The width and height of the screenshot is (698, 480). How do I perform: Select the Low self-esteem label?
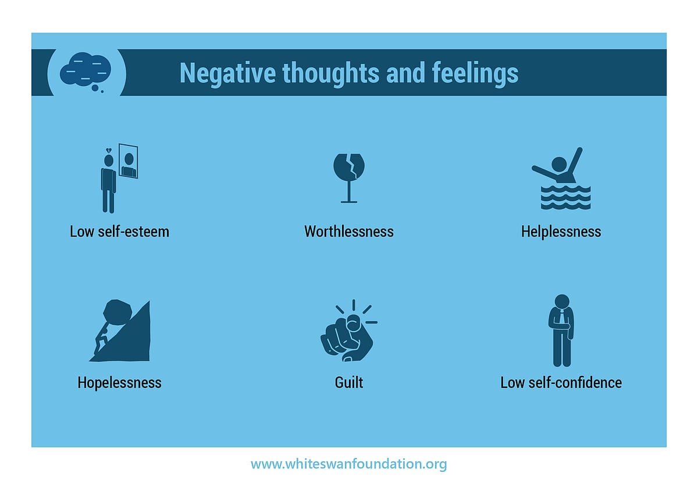119,232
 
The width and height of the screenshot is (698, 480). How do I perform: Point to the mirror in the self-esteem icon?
129,161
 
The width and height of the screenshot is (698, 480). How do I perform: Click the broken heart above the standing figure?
108,150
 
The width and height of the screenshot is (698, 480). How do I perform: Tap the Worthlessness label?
349,232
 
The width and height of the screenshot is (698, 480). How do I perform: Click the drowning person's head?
559,164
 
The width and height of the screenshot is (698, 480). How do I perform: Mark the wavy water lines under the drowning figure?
565,198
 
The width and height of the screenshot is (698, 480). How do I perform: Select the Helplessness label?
561,232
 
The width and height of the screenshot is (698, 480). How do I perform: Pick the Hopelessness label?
119,383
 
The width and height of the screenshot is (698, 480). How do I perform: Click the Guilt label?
349,383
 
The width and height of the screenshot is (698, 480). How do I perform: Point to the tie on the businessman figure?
562,318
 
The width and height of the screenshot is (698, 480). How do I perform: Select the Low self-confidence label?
561,383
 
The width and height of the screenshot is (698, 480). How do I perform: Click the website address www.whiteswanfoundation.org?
349,464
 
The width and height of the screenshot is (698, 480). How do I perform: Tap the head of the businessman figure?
562,301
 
